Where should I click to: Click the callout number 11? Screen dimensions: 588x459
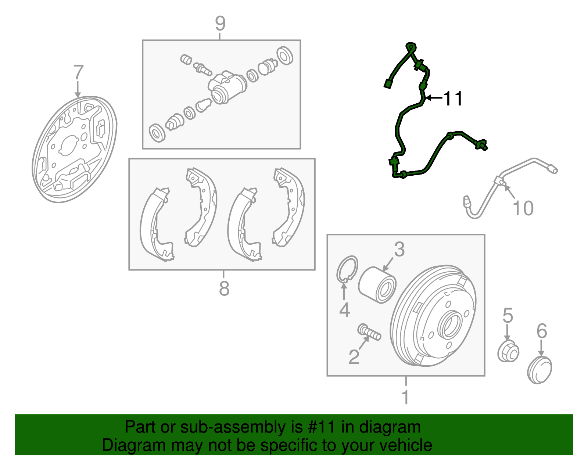click(453, 98)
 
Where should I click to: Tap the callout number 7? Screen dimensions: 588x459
click(79, 72)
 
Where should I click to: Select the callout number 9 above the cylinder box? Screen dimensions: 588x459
click(220, 24)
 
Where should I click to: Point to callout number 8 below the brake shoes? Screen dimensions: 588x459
click(224, 288)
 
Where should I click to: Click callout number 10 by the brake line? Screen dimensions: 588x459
click(523, 208)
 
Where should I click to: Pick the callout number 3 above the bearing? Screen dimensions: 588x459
click(399, 250)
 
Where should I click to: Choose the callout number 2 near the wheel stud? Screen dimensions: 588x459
click(354, 357)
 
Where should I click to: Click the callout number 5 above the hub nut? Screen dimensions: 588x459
click(508, 315)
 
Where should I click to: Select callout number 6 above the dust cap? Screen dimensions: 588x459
click(542, 331)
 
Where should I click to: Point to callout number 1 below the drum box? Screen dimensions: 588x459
click(405, 397)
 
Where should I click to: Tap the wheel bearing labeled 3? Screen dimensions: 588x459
click(377, 285)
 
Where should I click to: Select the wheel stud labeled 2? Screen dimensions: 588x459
click(369, 332)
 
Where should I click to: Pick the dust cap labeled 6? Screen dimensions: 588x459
click(539, 370)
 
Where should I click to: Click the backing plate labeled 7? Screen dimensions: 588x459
click(74, 149)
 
